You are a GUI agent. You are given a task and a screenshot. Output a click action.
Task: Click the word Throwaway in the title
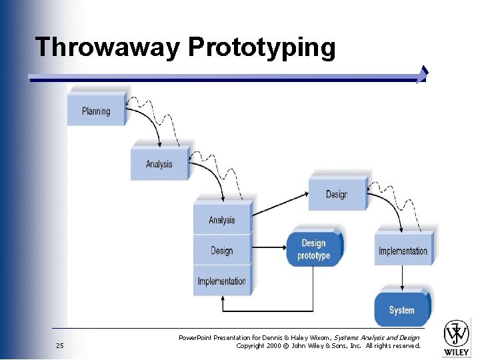[x=107, y=47]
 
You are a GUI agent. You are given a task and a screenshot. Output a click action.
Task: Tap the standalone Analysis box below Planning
[x=159, y=164]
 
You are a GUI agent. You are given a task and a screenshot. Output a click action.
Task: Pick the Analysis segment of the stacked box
[x=222, y=220]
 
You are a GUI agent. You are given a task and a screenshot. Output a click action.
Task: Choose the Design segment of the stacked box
[x=222, y=251]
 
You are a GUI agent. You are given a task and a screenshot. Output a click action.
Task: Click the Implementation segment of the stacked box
[x=222, y=281]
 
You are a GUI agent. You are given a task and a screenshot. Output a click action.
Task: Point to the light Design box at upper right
[x=337, y=195]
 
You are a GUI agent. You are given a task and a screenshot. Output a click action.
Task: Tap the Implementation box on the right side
[x=403, y=251]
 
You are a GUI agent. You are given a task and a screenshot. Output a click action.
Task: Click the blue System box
[x=402, y=310]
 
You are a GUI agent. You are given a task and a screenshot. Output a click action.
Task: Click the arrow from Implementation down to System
[x=402, y=276]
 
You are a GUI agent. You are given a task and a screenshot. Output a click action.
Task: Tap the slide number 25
[x=60, y=345]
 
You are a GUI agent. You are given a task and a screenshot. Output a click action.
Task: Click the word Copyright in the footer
[x=251, y=345]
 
